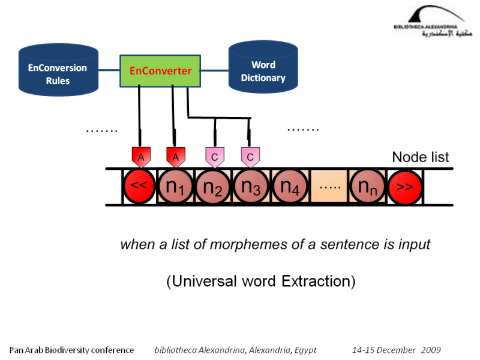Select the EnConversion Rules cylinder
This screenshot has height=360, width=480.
tap(58, 74)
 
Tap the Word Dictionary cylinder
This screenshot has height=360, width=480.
tap(263, 71)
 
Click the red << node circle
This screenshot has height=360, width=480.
tap(139, 187)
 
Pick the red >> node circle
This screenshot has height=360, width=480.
tap(404, 187)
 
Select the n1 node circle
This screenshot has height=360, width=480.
tap(175, 187)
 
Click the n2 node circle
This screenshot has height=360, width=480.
tap(213, 187)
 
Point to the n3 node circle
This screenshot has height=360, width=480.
tap(251, 187)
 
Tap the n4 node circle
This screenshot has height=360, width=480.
tap(290, 187)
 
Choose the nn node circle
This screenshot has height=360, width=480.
tap(367, 187)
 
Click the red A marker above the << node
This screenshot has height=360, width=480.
tap(140, 157)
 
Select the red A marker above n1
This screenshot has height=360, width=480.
tap(175, 157)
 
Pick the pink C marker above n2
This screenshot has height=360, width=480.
tap(214, 157)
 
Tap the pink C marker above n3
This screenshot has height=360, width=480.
tap(250, 157)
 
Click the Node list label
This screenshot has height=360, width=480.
tap(420, 157)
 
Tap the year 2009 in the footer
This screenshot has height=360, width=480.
tap(431, 350)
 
